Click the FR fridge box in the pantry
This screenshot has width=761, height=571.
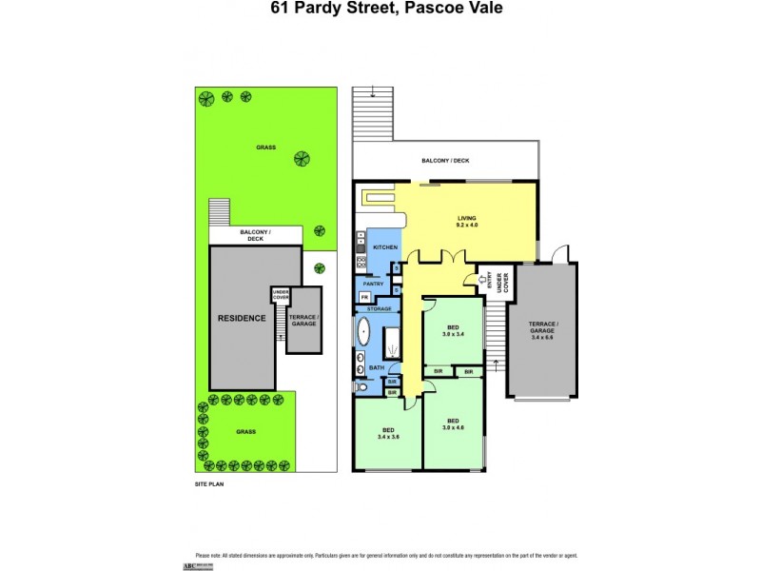[x=363, y=298]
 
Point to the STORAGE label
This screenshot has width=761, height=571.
[x=380, y=309]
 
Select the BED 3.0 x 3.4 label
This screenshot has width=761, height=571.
[x=453, y=331]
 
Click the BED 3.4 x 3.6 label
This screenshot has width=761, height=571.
[x=388, y=432]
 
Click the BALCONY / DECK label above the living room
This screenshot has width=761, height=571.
[x=446, y=161]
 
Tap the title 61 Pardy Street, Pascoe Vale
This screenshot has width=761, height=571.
[x=380, y=9]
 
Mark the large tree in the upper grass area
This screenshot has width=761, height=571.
[x=302, y=159]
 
